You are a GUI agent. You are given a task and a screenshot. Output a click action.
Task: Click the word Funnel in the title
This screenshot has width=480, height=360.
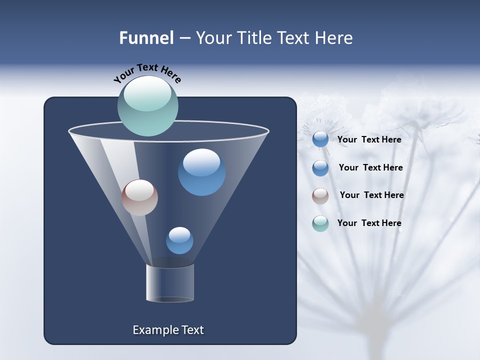[146, 38]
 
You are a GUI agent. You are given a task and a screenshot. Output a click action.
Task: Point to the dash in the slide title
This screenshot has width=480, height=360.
[184, 38]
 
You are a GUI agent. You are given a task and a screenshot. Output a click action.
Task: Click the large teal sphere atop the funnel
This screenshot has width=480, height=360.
[147, 106]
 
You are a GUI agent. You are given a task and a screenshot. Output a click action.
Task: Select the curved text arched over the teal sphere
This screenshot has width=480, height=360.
[147, 72]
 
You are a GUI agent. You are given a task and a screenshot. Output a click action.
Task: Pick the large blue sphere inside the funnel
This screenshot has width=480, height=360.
[201, 172]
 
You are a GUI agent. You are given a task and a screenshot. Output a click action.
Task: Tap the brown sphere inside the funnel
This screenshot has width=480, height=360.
[139, 197]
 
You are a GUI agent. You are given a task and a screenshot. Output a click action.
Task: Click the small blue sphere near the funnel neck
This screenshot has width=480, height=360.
[179, 240]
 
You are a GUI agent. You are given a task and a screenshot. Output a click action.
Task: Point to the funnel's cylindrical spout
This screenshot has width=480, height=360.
[170, 283]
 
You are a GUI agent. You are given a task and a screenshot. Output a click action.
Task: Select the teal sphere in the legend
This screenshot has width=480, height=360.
[320, 223]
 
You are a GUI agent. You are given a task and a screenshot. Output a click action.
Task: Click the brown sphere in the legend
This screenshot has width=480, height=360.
[320, 196]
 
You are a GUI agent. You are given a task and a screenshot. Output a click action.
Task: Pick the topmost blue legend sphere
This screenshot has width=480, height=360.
[320, 139]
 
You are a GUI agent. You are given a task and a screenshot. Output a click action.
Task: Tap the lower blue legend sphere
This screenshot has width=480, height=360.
[320, 168]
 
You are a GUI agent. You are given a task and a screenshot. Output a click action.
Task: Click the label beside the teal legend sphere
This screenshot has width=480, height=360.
[369, 223]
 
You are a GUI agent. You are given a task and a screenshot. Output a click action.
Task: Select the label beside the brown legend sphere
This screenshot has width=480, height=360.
[371, 195]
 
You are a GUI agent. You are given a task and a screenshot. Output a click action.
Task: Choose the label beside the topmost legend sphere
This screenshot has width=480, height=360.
[369, 139]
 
